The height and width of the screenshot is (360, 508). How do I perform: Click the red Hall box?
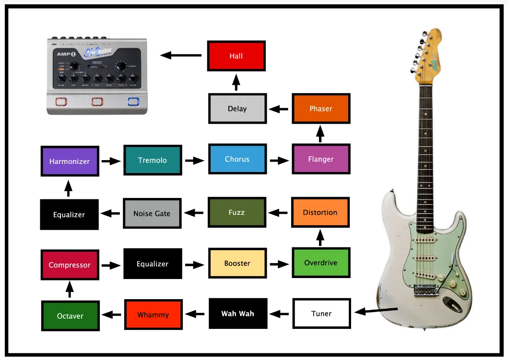pos(236,56)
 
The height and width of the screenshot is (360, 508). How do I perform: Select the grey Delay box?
pos(237,109)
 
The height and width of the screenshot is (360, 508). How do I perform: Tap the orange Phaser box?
pos(320,109)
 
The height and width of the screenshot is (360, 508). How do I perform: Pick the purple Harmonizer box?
pos(70,161)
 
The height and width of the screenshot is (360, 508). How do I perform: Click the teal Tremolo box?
pos(153,160)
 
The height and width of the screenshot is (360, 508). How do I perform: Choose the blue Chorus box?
pos(237,159)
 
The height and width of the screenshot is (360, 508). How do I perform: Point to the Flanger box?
pos(320,159)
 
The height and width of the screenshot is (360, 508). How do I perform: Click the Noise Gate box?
pos(152,213)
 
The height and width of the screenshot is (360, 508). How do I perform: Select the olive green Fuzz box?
pos(236,212)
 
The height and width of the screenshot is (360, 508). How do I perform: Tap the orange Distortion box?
pos(320,212)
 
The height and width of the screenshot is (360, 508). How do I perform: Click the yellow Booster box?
pos(237,263)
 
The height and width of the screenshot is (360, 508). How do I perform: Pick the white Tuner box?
pos(321,314)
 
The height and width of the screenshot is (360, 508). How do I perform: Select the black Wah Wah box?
pos(237,314)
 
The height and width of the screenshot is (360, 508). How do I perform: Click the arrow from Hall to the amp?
pos(180,55)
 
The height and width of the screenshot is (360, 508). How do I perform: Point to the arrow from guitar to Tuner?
pos(376,311)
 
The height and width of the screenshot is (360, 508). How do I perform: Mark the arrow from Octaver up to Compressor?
pos(70,289)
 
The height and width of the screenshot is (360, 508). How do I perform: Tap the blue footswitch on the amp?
pos(133,102)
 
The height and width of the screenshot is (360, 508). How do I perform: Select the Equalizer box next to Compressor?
pos(153,264)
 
